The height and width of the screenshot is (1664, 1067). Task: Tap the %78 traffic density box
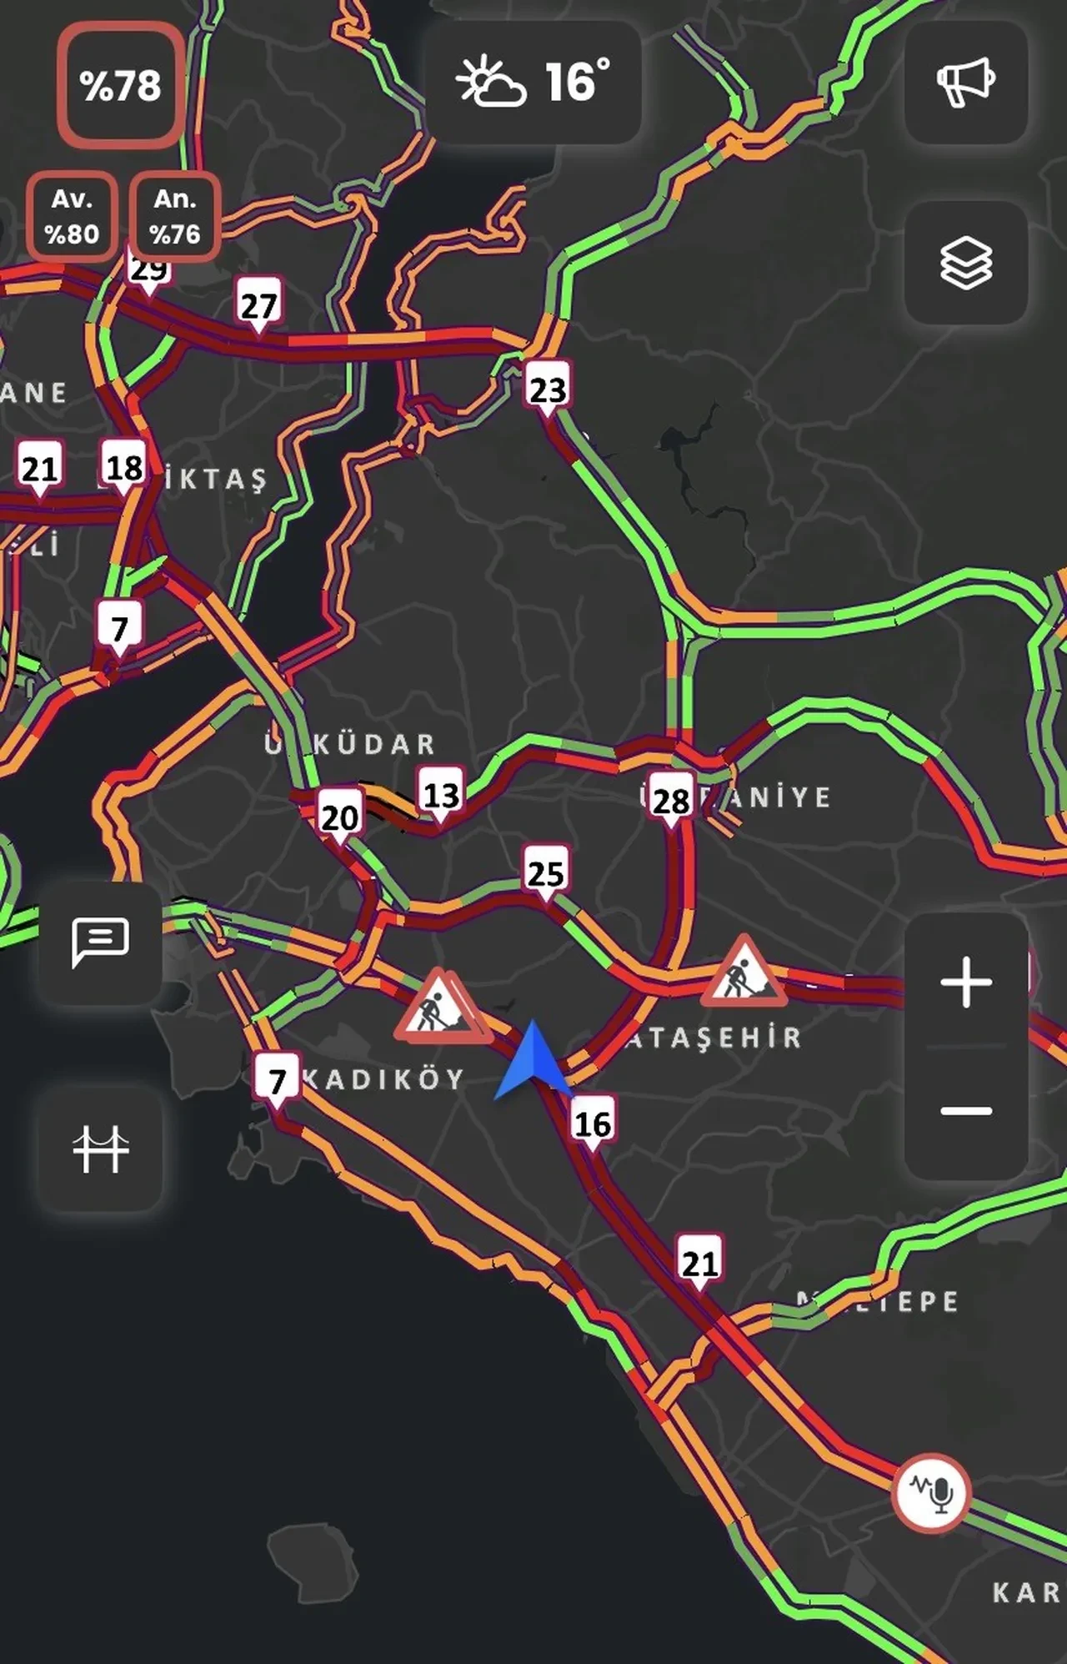coord(120,85)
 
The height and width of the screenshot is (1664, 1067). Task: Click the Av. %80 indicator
coord(72,216)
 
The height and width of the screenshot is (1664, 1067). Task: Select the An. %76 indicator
coord(175,216)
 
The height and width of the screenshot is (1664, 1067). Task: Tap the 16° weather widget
coord(533,82)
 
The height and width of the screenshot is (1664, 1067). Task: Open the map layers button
coord(965,263)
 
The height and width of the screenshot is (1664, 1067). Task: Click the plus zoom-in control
coord(965,982)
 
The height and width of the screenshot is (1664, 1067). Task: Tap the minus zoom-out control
coord(965,1110)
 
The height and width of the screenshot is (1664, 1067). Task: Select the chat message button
coord(100,942)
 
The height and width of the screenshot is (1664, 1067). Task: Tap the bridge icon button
coord(100,1149)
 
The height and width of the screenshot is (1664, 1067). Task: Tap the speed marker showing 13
coord(441,795)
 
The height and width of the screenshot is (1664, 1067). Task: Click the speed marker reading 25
coord(546,872)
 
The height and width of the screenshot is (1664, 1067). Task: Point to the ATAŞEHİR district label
coord(714,1038)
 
